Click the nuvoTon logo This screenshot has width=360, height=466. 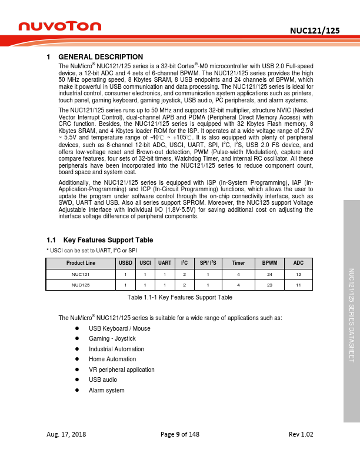[59, 26]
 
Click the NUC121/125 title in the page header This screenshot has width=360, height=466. [315, 31]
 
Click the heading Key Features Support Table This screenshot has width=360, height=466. [108, 240]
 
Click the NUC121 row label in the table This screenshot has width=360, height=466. [81, 274]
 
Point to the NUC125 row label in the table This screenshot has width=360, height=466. [81, 285]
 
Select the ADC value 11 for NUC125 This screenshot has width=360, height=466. [299, 285]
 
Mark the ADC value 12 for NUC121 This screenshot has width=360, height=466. [299, 274]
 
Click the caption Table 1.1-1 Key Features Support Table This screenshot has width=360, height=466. [180, 298]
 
